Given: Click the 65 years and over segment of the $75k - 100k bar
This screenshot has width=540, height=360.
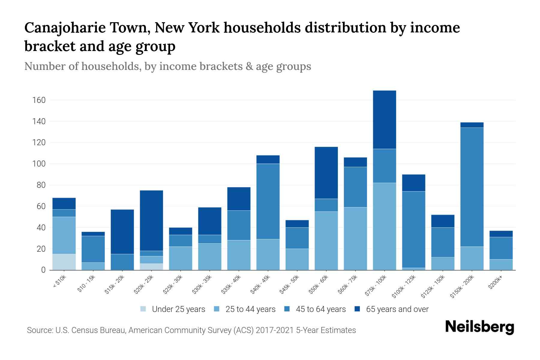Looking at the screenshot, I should [x=384, y=120].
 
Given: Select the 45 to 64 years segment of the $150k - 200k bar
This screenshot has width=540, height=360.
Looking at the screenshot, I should [x=472, y=187].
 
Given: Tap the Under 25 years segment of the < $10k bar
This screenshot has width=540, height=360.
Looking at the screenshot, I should [x=64, y=262].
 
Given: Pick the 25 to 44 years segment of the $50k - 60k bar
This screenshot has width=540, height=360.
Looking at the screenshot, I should [x=326, y=241].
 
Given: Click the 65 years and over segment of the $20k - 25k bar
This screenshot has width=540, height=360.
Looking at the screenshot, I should [x=151, y=220].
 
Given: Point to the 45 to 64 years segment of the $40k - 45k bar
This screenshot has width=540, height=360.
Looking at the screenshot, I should [x=268, y=201].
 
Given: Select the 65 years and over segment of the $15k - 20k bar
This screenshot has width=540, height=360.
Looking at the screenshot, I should [x=122, y=232].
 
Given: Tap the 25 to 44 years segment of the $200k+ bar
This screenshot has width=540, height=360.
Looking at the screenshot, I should [x=501, y=265].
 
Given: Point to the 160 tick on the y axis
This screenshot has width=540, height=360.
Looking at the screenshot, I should [x=39, y=100].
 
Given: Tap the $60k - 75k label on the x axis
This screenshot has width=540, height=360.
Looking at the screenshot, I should [x=351, y=285].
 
